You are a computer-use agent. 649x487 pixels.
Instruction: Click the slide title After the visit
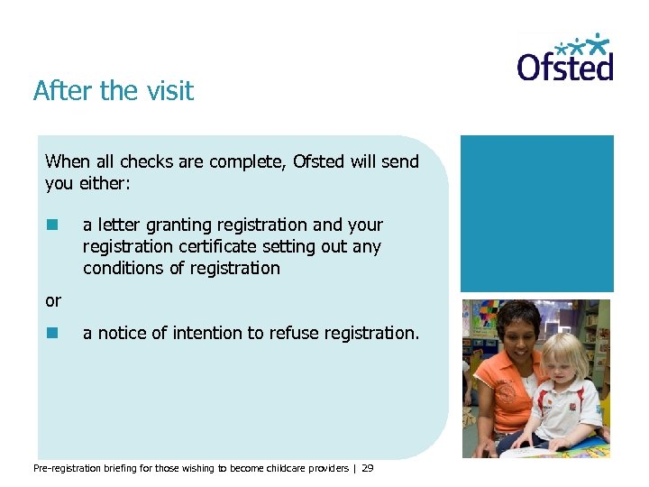click(x=114, y=91)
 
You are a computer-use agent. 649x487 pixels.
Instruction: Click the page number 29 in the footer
click(x=368, y=469)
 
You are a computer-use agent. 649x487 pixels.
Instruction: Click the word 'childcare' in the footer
click(x=284, y=469)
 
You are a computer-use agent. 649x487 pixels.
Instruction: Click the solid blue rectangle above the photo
click(x=537, y=214)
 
